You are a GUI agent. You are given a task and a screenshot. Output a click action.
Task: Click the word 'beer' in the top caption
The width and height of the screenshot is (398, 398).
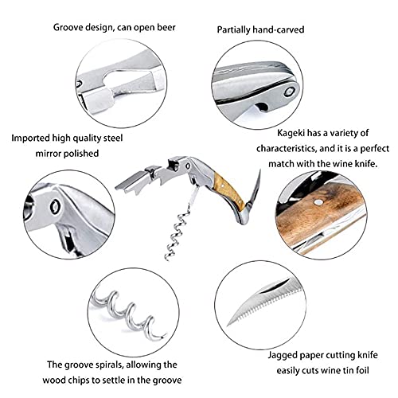click(x=166, y=27)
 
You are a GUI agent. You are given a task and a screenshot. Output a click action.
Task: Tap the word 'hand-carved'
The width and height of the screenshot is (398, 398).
click(x=279, y=29)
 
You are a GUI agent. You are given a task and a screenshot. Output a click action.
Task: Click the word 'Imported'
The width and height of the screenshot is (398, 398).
click(x=31, y=139)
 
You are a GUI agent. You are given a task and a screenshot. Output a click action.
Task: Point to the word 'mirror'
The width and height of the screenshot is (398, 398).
click(x=47, y=154)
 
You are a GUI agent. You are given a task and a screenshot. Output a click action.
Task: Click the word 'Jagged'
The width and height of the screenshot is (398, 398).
click(x=282, y=355)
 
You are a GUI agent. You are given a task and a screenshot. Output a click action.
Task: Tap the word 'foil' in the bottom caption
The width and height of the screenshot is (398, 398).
click(x=362, y=370)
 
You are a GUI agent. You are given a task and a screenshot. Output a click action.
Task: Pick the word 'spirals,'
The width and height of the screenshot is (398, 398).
click(x=107, y=365)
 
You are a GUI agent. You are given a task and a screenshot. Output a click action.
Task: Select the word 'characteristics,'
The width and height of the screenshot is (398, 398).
click(x=287, y=148)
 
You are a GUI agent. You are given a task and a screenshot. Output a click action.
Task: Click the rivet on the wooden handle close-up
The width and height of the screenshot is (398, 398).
click(x=318, y=203)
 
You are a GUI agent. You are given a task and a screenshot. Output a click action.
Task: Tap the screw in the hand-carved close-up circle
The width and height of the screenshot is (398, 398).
click(x=289, y=92)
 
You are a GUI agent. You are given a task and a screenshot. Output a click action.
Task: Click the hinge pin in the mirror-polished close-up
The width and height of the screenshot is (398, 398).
click(x=56, y=206)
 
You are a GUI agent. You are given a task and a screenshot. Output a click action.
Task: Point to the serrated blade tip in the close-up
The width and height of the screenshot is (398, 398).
click(x=228, y=325)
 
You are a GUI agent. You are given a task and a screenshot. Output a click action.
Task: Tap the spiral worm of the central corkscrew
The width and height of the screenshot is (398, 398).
click(x=177, y=233)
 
